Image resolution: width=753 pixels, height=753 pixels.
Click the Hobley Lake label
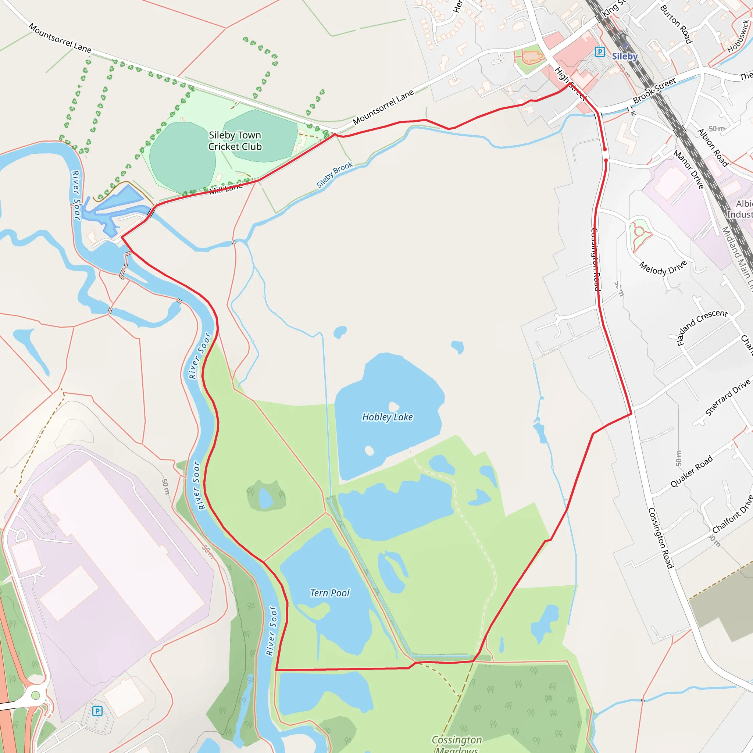388,417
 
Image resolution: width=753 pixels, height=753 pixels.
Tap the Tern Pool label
330,593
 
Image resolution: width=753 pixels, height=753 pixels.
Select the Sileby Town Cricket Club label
235,141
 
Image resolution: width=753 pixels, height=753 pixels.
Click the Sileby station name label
624,57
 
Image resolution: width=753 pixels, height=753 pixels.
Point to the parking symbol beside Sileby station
600,51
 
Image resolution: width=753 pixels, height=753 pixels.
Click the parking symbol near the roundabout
97,711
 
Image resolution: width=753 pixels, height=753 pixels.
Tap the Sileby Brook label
335,175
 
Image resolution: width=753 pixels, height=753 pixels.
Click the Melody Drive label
663,268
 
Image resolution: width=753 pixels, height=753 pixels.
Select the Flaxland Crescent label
702,326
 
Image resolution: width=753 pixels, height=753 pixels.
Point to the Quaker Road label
692,471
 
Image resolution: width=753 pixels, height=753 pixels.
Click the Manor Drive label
689,169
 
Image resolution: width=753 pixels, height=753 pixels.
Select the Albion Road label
713,148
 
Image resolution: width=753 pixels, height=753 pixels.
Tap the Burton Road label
676,24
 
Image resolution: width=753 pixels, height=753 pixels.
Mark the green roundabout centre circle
35,695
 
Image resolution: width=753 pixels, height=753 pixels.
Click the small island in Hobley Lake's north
394,406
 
